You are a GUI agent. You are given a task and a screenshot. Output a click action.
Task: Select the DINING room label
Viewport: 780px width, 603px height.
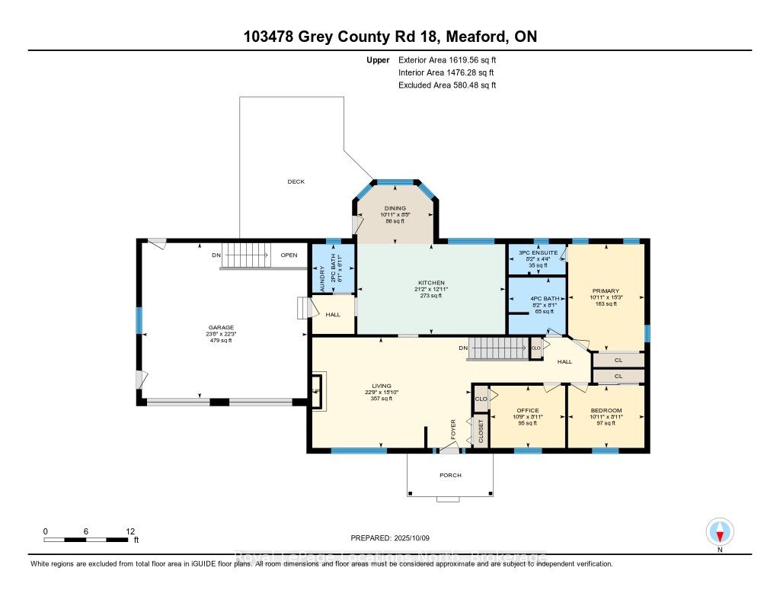(x=395, y=208)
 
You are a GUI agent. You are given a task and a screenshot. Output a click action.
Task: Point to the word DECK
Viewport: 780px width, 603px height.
(x=296, y=181)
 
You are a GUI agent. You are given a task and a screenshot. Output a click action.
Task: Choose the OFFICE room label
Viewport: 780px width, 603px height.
(x=527, y=410)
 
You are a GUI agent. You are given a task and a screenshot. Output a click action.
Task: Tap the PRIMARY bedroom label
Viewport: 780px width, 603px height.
(x=606, y=290)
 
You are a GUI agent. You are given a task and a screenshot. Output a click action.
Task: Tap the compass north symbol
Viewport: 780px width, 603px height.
(x=719, y=531)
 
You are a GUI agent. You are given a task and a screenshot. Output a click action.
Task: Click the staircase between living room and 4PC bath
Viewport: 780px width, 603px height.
(x=497, y=349)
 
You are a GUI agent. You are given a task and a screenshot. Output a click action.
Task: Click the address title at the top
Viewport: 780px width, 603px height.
(x=390, y=36)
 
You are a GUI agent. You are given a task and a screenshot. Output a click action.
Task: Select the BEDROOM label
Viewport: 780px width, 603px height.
(x=606, y=410)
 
